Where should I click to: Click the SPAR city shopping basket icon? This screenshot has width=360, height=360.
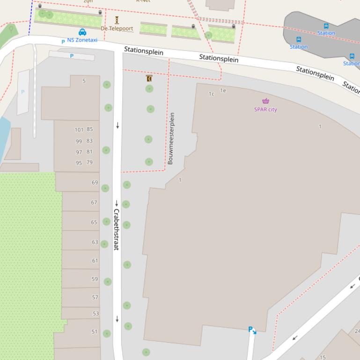click(265, 101)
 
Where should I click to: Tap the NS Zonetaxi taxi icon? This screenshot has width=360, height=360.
click(82, 32)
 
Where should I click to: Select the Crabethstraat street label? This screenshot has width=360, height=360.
click(116, 229)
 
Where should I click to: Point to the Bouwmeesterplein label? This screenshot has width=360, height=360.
click(171, 138)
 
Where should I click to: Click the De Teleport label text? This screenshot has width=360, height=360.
click(117, 29)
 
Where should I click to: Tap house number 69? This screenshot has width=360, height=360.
click(95, 183)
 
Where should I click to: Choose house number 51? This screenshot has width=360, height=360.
click(95, 332)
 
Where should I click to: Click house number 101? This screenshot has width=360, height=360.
click(79, 130)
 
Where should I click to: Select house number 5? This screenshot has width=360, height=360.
click(84, 81)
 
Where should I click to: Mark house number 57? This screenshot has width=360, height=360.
click(96, 297)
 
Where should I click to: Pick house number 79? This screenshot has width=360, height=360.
click(89, 163)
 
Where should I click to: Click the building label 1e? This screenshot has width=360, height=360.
click(223, 91)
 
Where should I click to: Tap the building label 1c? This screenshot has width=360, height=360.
click(212, 94)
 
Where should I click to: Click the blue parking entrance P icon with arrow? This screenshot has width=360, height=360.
click(252, 330)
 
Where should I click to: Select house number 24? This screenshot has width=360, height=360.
click(357, 331)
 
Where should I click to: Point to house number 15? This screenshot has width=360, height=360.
click(323, 357)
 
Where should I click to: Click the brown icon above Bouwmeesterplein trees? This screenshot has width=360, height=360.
click(149, 79)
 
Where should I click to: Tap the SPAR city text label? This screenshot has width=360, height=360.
click(265, 109)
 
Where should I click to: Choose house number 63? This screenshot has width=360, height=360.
click(95, 242)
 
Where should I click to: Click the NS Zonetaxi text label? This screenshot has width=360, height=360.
click(82, 40)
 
